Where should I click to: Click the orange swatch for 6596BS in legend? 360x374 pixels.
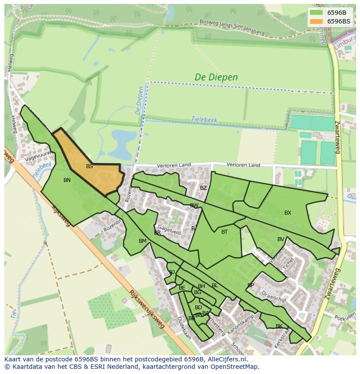pyautogui.click(x=316, y=21)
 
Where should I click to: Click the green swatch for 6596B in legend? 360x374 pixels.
pyautogui.click(x=316, y=13)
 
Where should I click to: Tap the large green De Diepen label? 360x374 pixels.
pyautogui.click(x=216, y=77)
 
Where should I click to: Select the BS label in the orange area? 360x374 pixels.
pyautogui.click(x=89, y=166)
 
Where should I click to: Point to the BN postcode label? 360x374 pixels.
pyautogui.click(x=67, y=180)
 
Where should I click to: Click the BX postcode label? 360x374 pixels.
pyautogui.click(x=287, y=213)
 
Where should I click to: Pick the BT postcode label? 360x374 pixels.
pyautogui.click(x=224, y=232)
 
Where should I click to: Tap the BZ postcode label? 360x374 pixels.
pyautogui.click(x=203, y=188)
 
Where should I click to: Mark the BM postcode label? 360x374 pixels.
pyautogui.click(x=142, y=241)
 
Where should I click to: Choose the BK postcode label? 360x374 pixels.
pyautogui.click(x=279, y=326)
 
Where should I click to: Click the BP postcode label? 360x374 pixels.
pyautogui.click(x=250, y=285)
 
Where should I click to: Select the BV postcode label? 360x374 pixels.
pyautogui.click(x=280, y=239)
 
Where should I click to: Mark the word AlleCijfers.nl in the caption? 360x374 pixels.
pyautogui.click(x=226, y=360)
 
